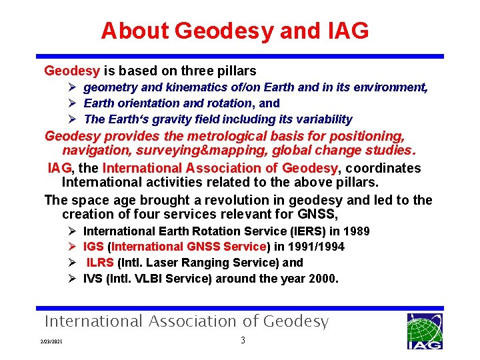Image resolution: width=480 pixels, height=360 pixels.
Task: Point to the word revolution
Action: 253,201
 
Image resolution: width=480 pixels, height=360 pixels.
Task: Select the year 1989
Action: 356,231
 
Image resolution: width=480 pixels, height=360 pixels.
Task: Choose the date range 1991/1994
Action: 319,247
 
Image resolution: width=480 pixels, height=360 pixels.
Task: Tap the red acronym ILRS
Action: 100,263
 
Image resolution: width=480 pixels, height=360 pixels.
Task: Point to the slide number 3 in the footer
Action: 243,341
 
